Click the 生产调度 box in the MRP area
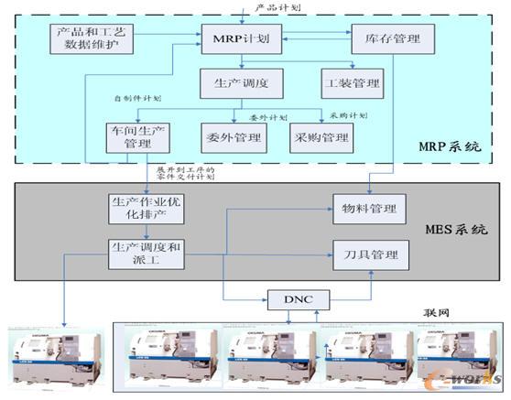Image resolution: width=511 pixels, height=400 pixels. coord(242,83)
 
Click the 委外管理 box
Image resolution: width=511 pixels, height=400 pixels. coord(233,138)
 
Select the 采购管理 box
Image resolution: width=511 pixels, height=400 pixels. coord(322,138)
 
